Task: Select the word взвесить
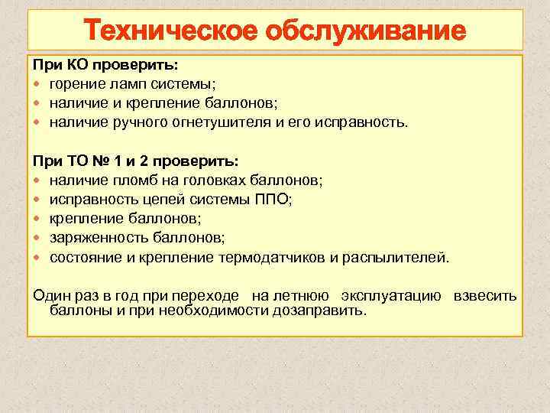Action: pos(485,296)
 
